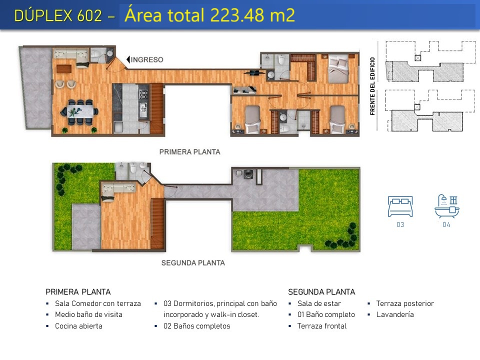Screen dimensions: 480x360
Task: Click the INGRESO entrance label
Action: click(x=147, y=59)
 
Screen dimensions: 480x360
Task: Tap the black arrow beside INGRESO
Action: click(x=128, y=59)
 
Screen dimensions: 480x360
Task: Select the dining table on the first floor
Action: click(x=80, y=111)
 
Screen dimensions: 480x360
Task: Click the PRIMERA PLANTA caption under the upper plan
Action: click(x=190, y=152)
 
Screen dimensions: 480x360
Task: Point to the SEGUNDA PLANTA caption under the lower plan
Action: click(x=193, y=263)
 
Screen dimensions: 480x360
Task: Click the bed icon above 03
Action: click(x=400, y=206)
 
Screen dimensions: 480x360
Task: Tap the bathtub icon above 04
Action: click(x=446, y=206)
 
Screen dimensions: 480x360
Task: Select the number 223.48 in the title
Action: click(x=237, y=15)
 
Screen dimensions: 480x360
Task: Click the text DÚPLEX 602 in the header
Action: click(x=58, y=15)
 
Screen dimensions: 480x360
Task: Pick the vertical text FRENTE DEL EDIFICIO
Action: click(x=372, y=86)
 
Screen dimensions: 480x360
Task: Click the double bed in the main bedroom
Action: click(x=338, y=69)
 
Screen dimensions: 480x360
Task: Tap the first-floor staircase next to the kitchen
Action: click(x=156, y=108)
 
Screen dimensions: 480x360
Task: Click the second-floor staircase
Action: click(x=158, y=223)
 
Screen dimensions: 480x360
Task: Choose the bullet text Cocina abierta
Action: click(x=78, y=326)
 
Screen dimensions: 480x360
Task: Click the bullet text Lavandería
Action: click(x=395, y=314)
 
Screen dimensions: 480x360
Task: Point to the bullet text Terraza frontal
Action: click(x=321, y=326)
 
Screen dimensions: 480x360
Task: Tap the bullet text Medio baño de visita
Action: click(x=88, y=314)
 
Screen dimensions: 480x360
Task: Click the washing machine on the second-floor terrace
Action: click(x=248, y=174)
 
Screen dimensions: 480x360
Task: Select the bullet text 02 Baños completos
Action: click(x=197, y=326)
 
